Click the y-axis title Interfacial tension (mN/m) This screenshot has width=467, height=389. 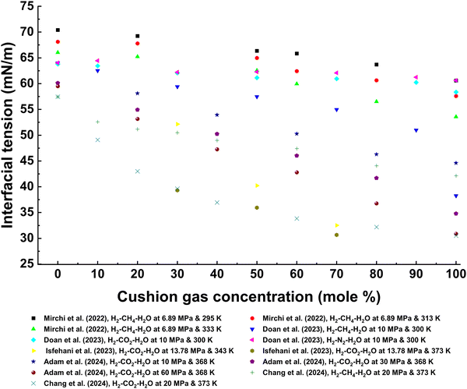pyautogui.click(x=12, y=136)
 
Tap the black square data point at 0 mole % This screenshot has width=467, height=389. pyautogui.click(x=58, y=30)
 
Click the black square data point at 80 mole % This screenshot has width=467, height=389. pyautogui.click(x=377, y=65)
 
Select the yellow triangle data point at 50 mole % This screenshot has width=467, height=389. pyautogui.click(x=257, y=186)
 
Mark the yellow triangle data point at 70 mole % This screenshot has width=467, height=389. pyautogui.click(x=336, y=225)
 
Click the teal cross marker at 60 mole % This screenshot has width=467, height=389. pyautogui.click(x=297, y=218)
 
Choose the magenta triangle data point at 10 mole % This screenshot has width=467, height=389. pyautogui.click(x=97, y=61)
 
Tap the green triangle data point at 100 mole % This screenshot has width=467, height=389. pyautogui.click(x=456, y=117)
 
